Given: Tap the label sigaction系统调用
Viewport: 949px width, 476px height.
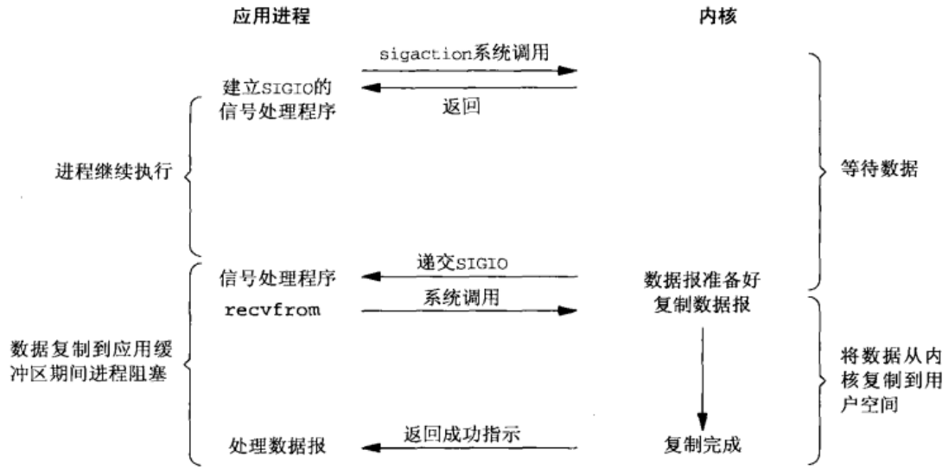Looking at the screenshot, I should pyautogui.click(x=470, y=52).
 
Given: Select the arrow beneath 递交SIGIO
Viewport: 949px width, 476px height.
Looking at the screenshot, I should pyautogui.click(x=470, y=278).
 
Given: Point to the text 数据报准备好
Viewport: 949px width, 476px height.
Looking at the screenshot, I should pyautogui.click(x=701, y=282).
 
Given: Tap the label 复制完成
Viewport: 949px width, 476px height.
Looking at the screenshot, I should pyautogui.click(x=701, y=447).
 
